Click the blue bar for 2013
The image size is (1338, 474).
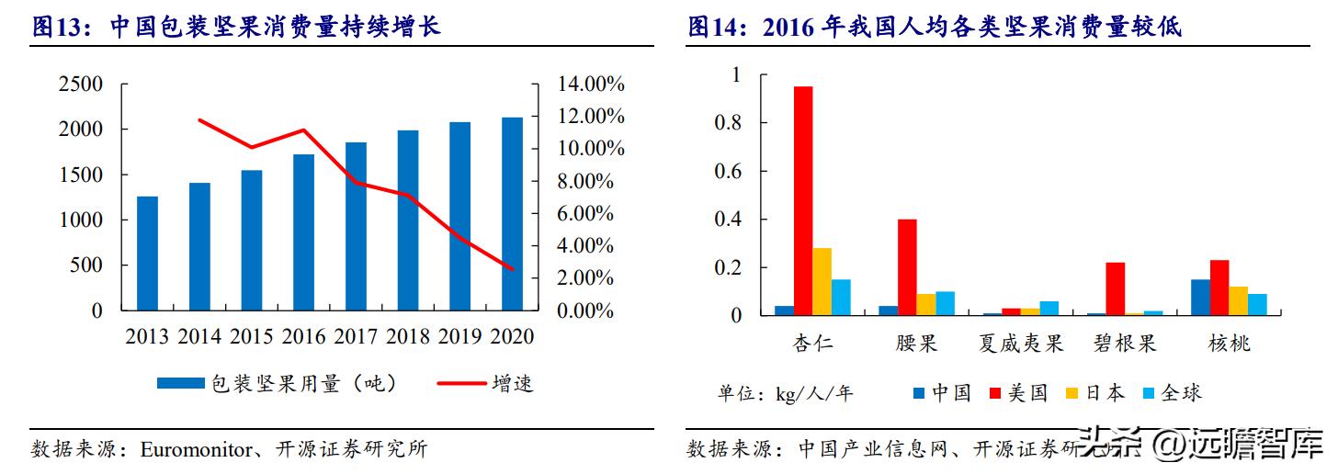(147, 254)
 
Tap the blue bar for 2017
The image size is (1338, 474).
(356, 227)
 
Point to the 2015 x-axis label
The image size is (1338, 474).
(252, 336)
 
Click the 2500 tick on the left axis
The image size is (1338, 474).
(80, 85)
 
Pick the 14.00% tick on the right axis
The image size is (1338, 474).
(591, 85)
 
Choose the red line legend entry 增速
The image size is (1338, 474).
(487, 383)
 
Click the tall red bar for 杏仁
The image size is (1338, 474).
(803, 201)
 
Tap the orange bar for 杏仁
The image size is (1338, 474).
(822, 282)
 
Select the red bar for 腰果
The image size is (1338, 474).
(907, 267)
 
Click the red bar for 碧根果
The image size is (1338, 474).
(1115, 289)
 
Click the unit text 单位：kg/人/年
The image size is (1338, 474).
(785, 394)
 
